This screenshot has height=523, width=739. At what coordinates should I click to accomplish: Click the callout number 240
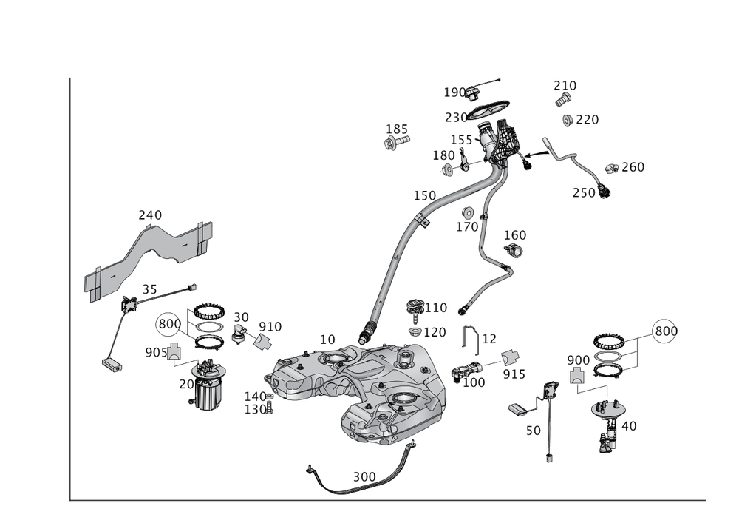point(150,215)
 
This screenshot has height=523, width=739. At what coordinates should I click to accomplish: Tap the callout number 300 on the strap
point(364,477)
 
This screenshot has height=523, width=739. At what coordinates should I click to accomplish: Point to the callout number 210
point(565,86)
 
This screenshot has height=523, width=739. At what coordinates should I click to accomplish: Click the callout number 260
point(633,167)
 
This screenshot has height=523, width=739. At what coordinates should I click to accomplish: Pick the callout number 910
point(269,326)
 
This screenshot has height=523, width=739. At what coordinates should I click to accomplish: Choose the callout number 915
point(514,374)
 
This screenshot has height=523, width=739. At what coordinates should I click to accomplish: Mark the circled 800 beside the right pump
point(664,332)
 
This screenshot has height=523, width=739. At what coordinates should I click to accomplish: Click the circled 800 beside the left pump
point(169,324)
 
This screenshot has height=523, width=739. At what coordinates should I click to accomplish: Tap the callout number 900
point(578,360)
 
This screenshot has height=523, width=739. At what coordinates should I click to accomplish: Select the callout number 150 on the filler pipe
point(424,195)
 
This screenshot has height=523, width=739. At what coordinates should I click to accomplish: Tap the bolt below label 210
point(563,101)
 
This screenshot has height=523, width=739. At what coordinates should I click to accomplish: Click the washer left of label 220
point(567,120)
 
